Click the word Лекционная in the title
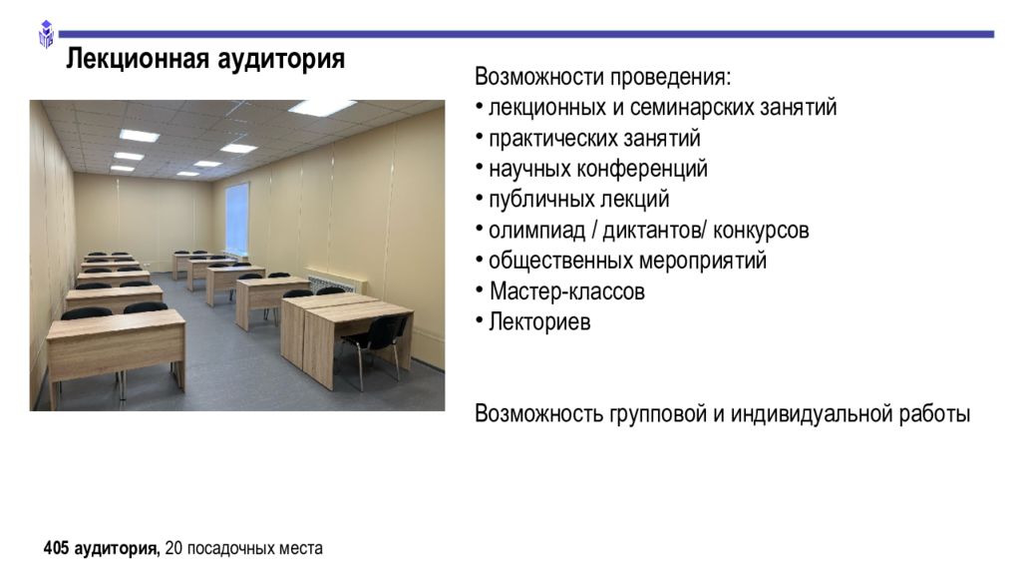[138, 59]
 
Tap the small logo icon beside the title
[46, 35]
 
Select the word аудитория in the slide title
[280, 60]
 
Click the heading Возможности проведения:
[602, 77]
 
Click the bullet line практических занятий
[594, 138]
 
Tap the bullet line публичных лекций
[579, 200]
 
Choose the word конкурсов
[761, 231]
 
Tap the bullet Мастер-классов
[566, 291]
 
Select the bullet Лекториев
[539, 322]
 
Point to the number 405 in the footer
[56, 548]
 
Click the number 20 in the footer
[173, 548]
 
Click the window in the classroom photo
[237, 218]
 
